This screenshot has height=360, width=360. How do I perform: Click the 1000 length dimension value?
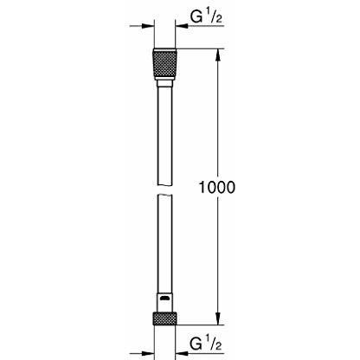[x=217, y=187]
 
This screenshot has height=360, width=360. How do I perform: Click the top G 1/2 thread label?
[x=206, y=17]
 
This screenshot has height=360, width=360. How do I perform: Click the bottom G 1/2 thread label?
[x=206, y=344]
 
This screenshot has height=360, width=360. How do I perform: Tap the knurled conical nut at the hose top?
[x=164, y=64]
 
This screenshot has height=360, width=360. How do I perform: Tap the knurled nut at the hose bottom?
[x=164, y=318]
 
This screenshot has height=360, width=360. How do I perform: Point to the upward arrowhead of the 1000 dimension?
[x=218, y=55]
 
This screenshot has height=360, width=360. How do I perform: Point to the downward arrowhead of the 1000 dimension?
[x=218, y=318]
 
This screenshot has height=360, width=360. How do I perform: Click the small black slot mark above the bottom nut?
[x=164, y=299]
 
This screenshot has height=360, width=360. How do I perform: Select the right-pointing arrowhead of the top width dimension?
[x=148, y=26]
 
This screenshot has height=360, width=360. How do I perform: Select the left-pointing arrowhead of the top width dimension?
[x=182, y=26]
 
